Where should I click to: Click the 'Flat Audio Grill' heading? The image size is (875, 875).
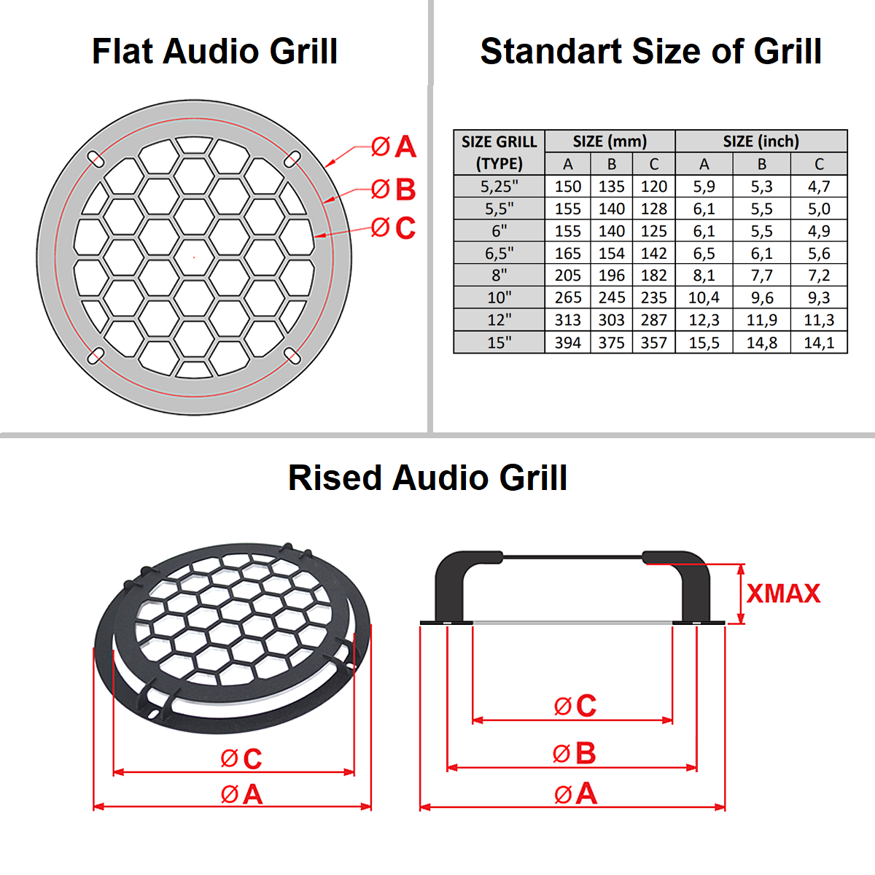tap(214, 52)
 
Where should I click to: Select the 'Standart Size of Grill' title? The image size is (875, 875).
tap(650, 52)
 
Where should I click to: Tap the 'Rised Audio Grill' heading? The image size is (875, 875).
tap(428, 478)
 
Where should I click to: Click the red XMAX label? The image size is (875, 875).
tap(783, 594)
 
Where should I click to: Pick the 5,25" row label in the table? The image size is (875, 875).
tap(499, 187)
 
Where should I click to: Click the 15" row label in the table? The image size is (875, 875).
tap(499, 343)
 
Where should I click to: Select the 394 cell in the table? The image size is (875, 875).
tap(567, 343)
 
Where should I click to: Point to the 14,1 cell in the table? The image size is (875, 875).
tap(818, 343)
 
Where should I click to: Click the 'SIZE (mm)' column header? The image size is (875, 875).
tap(610, 141)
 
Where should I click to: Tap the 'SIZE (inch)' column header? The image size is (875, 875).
tap(761, 141)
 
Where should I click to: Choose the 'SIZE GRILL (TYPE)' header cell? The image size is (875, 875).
tap(499, 152)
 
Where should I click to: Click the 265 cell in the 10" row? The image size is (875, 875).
tap(567, 297)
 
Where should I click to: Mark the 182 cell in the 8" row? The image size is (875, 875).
tap(653, 276)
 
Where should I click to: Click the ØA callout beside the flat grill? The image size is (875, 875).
tap(394, 147)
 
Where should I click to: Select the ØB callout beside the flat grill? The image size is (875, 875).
tap(394, 190)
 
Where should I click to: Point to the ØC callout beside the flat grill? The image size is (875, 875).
tap(394, 228)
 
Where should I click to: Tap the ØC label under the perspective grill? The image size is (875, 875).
tap(241, 759)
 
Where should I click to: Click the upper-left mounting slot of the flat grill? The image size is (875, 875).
tap(96, 158)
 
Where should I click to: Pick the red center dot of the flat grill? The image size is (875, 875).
tap(194, 257)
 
